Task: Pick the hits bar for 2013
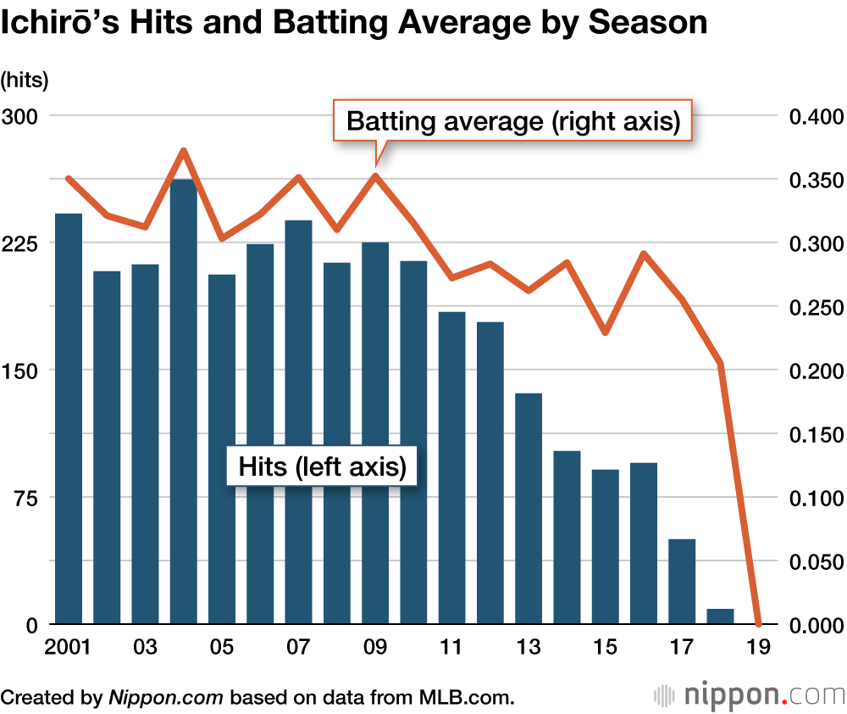pyautogui.click(x=529, y=509)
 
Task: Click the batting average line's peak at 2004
pyautogui.click(x=184, y=151)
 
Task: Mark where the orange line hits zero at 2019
pyautogui.click(x=758, y=623)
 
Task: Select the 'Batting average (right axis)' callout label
pyautogui.click(x=514, y=120)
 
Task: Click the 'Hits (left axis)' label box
pyautogui.click(x=322, y=466)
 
